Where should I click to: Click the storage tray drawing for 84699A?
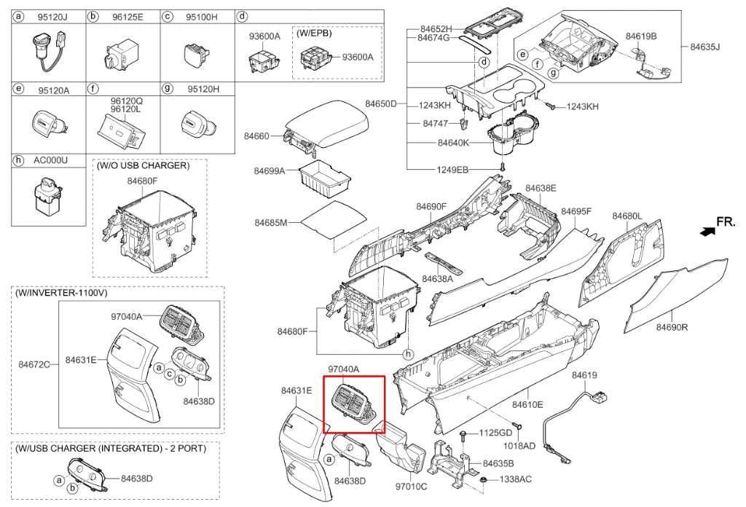[x=326, y=178]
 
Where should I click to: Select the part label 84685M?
[x=271, y=221]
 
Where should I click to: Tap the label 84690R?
[x=672, y=327]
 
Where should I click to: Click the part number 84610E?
[x=527, y=404]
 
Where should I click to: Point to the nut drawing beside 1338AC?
[x=484, y=480]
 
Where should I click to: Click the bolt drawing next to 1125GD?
[x=465, y=434]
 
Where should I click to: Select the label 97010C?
[x=411, y=485]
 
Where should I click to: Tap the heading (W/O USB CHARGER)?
[x=143, y=166]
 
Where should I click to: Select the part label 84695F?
[x=576, y=211]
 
